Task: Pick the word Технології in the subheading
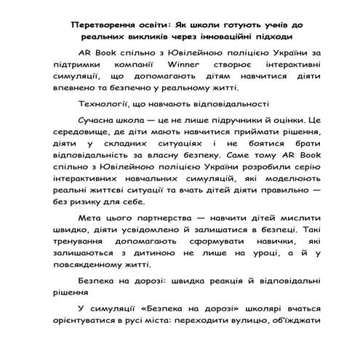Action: coord(102,103)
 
